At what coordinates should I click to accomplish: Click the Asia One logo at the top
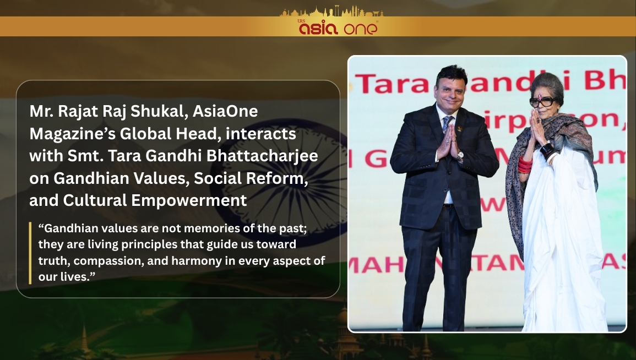[x=338, y=28]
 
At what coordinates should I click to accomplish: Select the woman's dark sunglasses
[x=542, y=101]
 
